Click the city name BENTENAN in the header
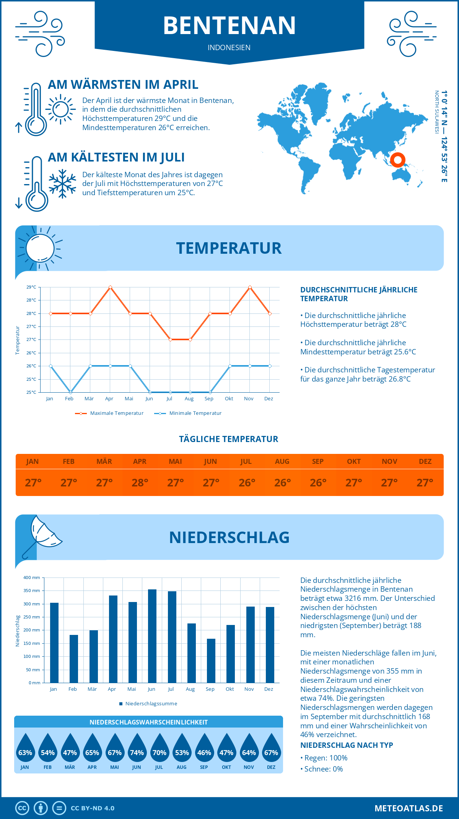pos(229,25)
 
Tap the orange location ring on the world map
pos(398,160)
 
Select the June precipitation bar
pos(152,636)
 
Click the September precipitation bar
pos(211,661)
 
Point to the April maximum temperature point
pos(110,287)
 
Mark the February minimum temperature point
pos(70,392)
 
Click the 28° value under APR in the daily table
pos(140,483)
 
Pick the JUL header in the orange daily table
pos(246,461)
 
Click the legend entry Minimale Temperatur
pos(195,413)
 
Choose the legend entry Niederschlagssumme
pos(151,703)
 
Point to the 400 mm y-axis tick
pos(32,578)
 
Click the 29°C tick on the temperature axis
pos(31,287)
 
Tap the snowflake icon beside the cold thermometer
pos(62,183)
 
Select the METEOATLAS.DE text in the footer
pos(409,808)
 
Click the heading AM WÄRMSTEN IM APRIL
pos(123,85)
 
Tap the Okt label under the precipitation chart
pos(230,689)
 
